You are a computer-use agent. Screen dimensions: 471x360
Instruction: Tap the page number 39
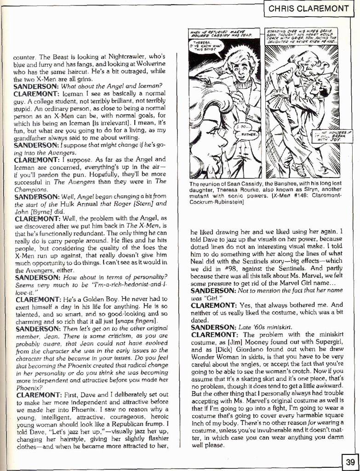[x=350, y=461]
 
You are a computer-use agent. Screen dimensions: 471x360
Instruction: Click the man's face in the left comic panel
[x=240, y=68]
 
